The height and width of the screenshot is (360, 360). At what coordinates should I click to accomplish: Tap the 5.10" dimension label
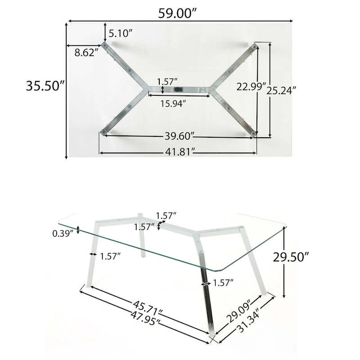(120, 33)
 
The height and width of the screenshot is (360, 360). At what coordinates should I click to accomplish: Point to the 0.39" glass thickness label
(63, 233)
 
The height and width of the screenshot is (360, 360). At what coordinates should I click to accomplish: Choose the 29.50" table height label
(291, 257)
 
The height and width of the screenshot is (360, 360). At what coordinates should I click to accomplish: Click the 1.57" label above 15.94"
(167, 81)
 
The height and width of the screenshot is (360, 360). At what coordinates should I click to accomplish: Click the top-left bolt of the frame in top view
(105, 46)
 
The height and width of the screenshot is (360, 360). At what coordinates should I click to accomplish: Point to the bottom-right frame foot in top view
(254, 134)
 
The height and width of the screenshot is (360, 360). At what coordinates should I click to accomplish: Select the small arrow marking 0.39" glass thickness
(79, 230)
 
